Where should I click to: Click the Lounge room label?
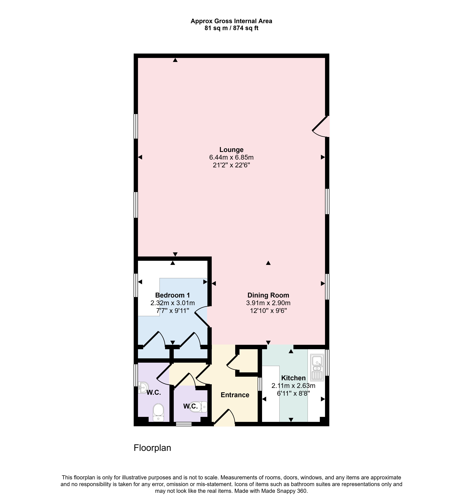click(x=231, y=150)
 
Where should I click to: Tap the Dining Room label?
click(x=268, y=295)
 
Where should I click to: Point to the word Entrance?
click(x=235, y=395)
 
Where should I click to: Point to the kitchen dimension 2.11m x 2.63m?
click(x=293, y=386)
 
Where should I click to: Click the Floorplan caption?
click(x=152, y=448)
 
